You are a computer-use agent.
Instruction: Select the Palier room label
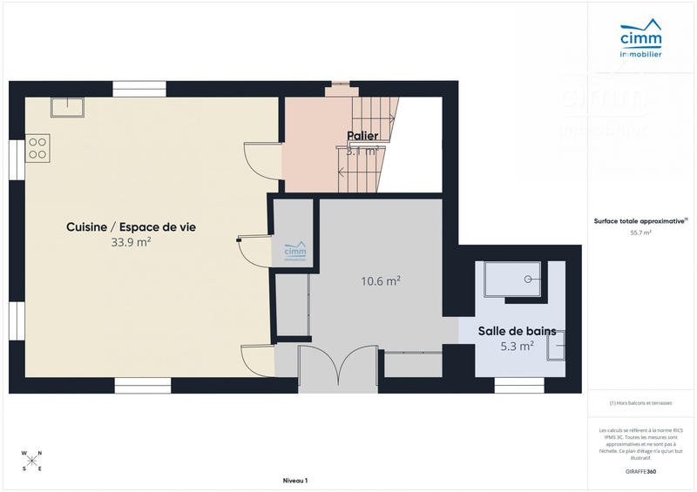(x=362, y=136)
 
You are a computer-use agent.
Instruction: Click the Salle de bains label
(x=517, y=331)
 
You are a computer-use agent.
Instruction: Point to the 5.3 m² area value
(x=517, y=346)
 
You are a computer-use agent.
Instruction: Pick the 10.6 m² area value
(x=381, y=280)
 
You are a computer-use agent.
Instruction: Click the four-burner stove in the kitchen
(x=38, y=147)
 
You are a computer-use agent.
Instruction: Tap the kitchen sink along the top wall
(x=66, y=106)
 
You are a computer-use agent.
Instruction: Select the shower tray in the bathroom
(x=516, y=280)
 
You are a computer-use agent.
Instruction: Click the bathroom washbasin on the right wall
(x=555, y=347)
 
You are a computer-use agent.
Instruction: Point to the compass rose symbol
(x=31, y=461)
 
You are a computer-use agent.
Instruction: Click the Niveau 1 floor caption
(x=295, y=481)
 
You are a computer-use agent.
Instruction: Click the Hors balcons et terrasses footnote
(x=640, y=403)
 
